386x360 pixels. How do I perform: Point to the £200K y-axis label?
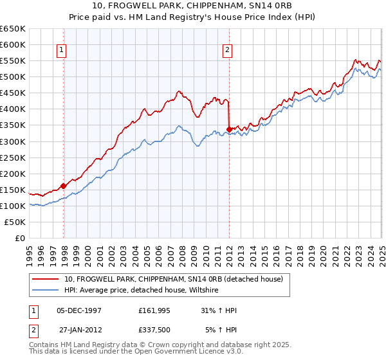pyautogui.click(x=13, y=174)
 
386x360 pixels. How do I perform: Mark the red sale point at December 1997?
pyautogui.click(x=64, y=186)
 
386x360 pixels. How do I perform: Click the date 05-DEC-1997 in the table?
pyautogui.click(x=78, y=310)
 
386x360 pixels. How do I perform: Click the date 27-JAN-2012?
pyautogui.click(x=78, y=330)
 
